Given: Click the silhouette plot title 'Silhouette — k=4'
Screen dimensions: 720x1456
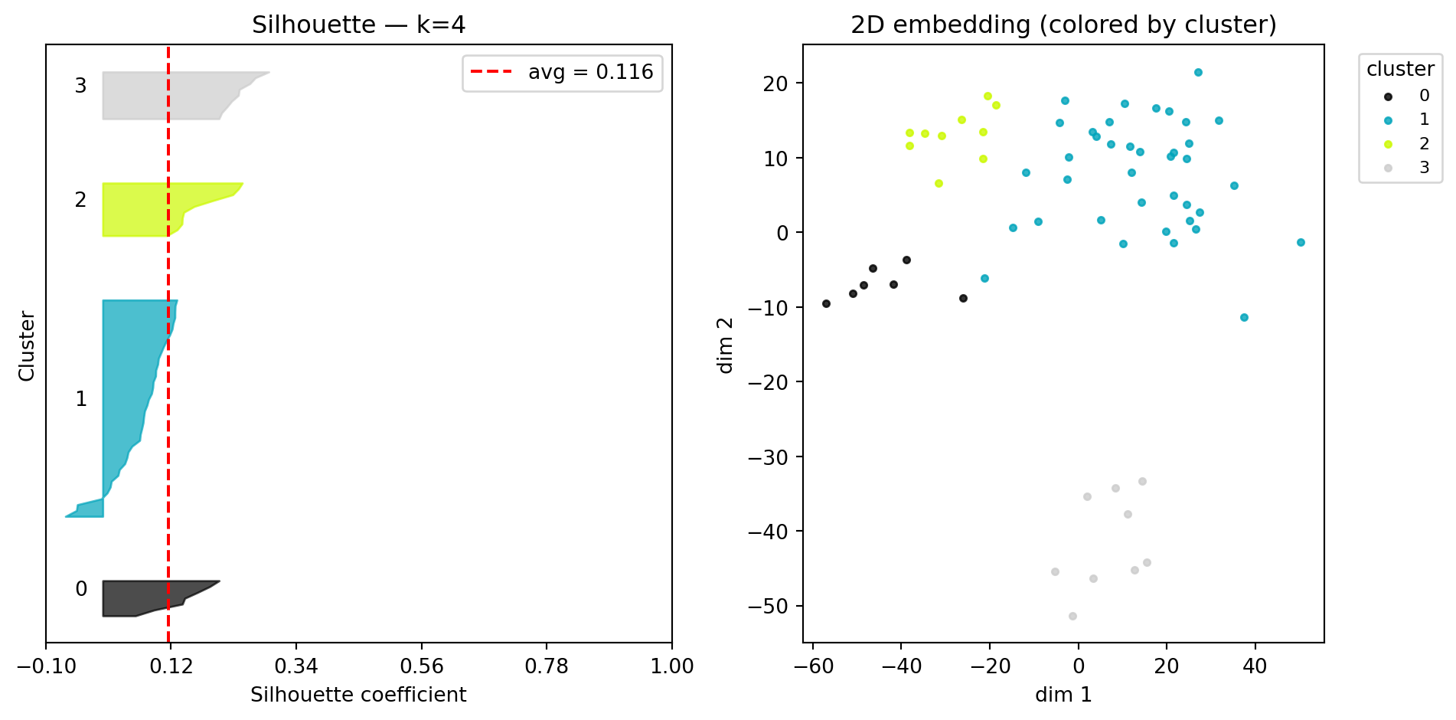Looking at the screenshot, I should click(x=358, y=25).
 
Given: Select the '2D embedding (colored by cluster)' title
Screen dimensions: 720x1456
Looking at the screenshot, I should click(x=1063, y=25).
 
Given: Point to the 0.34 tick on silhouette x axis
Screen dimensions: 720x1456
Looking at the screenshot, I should click(x=296, y=666).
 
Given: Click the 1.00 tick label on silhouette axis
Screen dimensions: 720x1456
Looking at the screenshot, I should click(x=671, y=666).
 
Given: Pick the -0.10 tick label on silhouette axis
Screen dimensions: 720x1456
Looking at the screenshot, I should click(x=46, y=666).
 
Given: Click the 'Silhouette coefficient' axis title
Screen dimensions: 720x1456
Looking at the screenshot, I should click(x=358, y=695).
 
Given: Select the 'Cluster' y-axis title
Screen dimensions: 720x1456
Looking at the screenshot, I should click(x=27, y=345).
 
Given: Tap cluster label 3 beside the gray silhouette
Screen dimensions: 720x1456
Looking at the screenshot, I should click(x=80, y=86).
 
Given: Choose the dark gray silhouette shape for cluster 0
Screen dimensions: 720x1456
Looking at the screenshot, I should click(x=138, y=598).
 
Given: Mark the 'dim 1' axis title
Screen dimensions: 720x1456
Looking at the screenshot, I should click(x=1063, y=695).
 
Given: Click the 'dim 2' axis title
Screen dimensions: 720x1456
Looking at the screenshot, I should click(x=725, y=345).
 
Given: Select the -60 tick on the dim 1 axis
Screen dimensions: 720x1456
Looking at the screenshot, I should click(x=813, y=666).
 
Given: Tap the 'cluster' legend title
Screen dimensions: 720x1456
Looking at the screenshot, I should click(x=1400, y=69).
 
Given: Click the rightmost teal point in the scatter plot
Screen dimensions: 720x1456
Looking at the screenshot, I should click(x=1301, y=242).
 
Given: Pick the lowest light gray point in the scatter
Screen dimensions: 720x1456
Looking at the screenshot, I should click(x=1072, y=616).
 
